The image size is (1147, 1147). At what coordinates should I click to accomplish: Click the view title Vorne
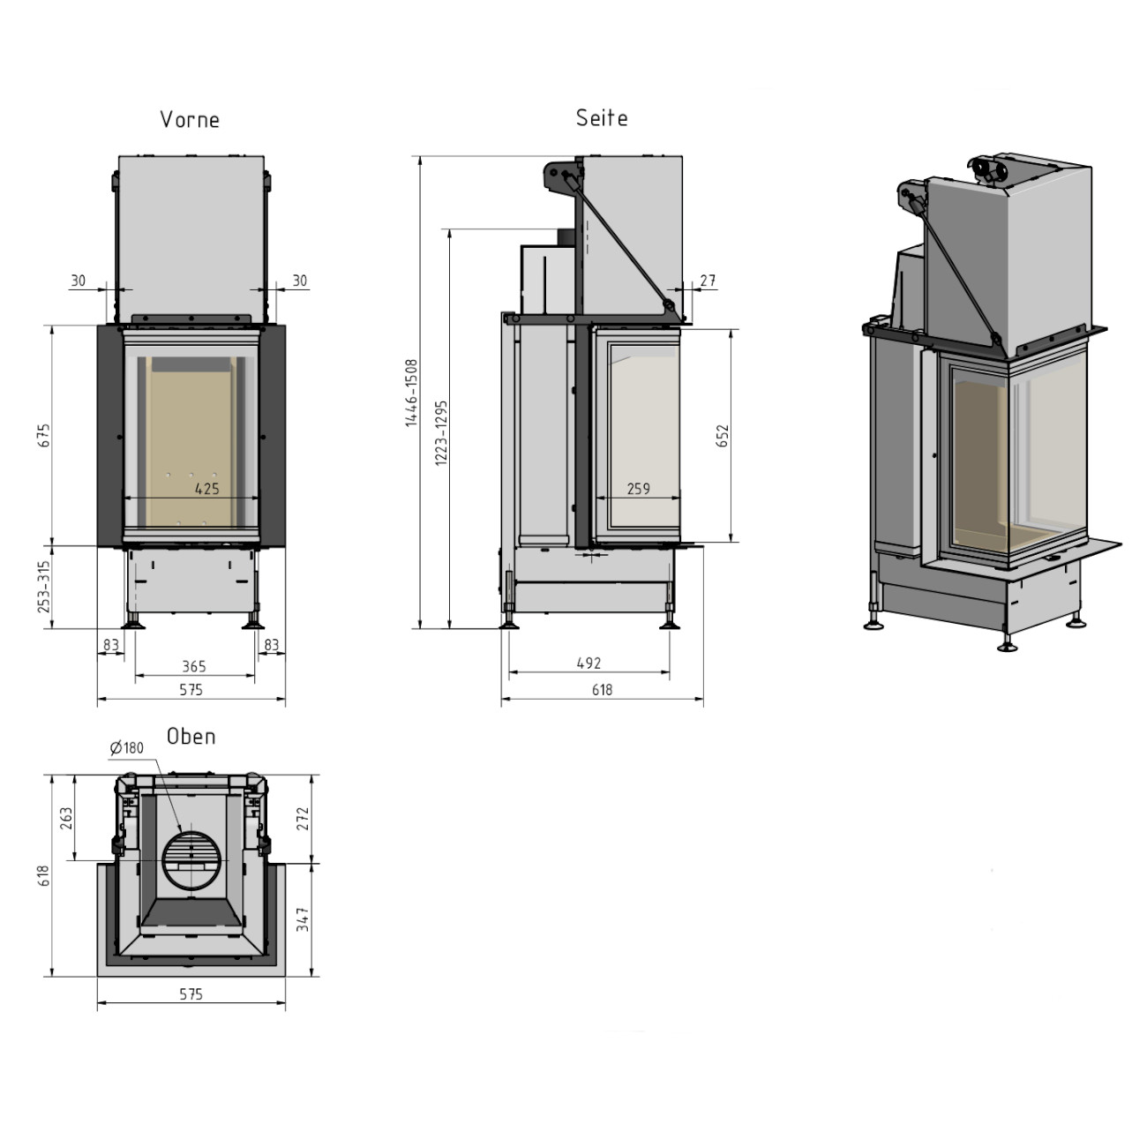190,120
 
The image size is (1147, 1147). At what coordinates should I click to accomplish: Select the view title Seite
602,118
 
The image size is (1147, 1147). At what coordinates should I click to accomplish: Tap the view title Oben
191,737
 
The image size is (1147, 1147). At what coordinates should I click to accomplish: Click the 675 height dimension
45,435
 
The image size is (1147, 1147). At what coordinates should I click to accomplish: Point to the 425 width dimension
207,489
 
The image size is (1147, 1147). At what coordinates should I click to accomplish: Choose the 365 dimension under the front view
194,666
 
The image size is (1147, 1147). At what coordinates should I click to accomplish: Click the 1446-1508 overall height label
412,393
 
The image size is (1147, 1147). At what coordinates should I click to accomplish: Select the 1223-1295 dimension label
441,432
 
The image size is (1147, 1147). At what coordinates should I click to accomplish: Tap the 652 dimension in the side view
723,436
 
